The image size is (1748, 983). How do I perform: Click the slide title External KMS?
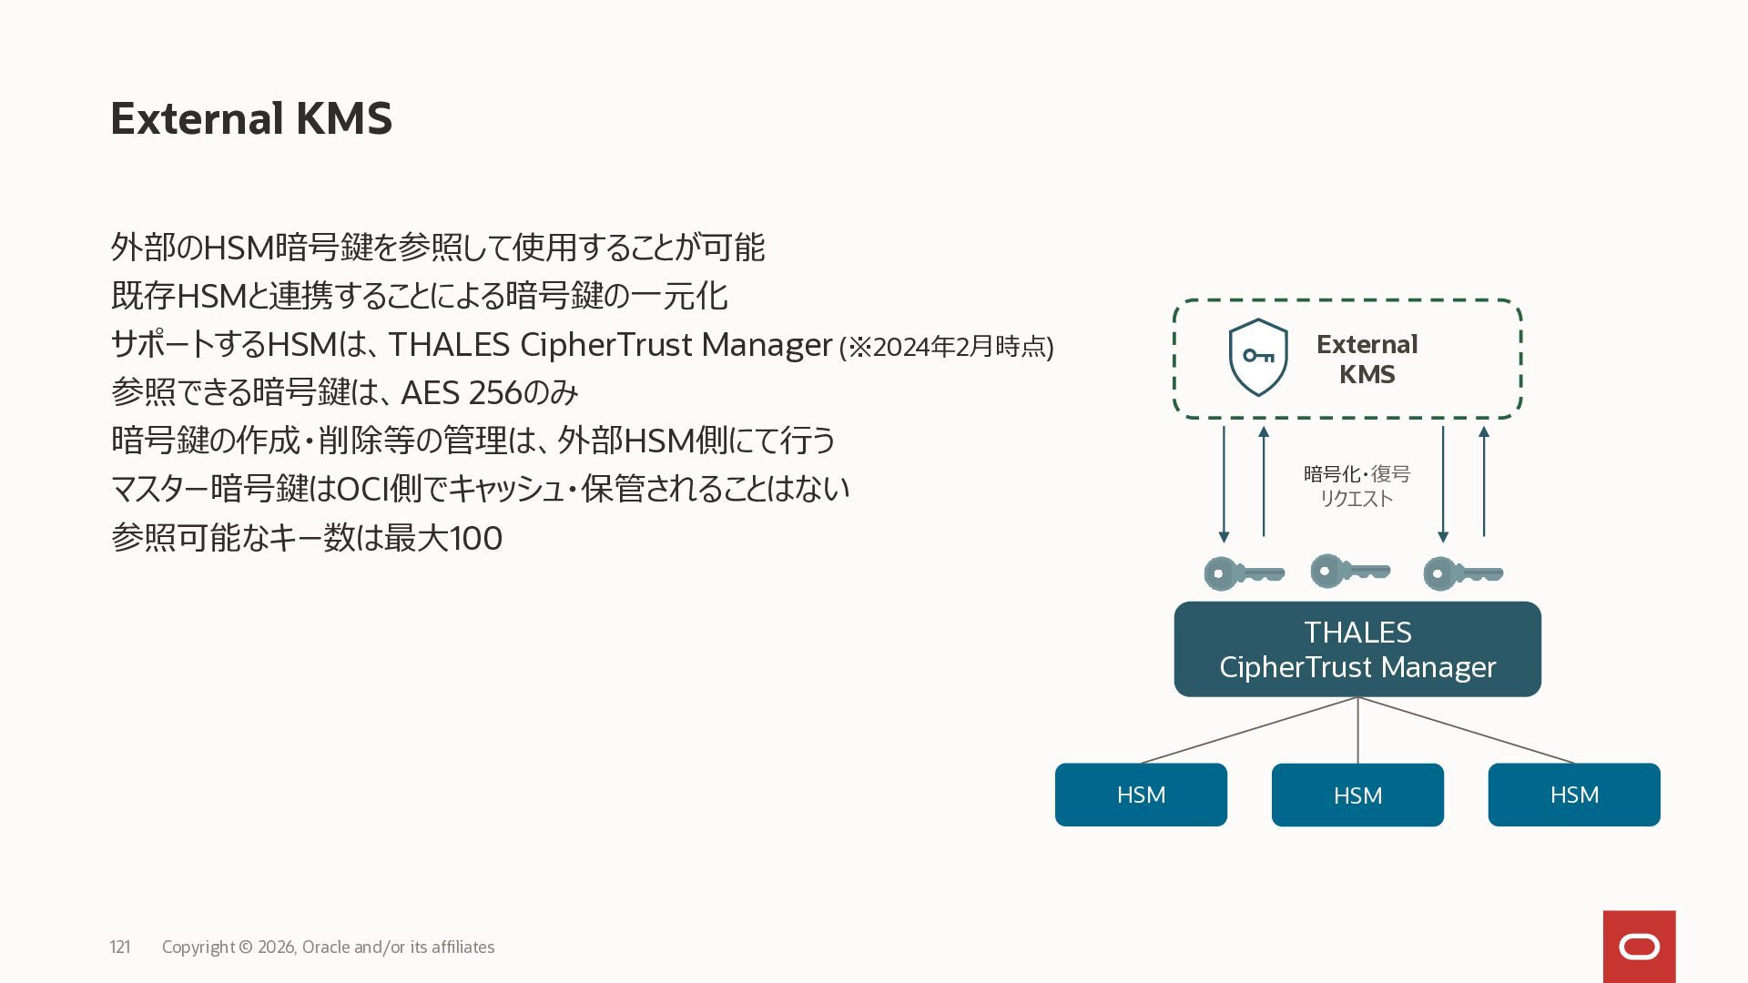pos(251,118)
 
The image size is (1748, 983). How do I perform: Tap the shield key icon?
pos(1257,357)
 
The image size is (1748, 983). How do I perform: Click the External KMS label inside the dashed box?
pos(1367,359)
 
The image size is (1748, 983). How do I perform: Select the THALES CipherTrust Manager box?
pos(1357,649)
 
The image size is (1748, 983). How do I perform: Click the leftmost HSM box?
pos(1141,795)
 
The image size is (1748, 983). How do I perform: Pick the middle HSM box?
pos(1357,796)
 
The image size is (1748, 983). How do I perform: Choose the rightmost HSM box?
pos(1573,795)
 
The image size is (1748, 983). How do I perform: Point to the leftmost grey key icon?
pos(1243,574)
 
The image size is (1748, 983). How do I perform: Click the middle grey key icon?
pos(1349,572)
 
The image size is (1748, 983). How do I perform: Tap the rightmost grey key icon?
pos(1462,574)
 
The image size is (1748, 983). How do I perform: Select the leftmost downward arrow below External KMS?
pos(1224,483)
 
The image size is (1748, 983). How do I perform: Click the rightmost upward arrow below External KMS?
pos(1484,481)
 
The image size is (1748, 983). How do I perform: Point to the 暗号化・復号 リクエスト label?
pos(1357,486)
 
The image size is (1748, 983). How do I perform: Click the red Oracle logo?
pos(1639,947)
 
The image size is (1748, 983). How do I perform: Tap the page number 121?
pos(120,948)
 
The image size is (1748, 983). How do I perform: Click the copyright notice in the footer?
pos(328,948)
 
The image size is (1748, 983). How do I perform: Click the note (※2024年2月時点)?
pos(946,347)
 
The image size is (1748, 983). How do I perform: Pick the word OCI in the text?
pos(362,489)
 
